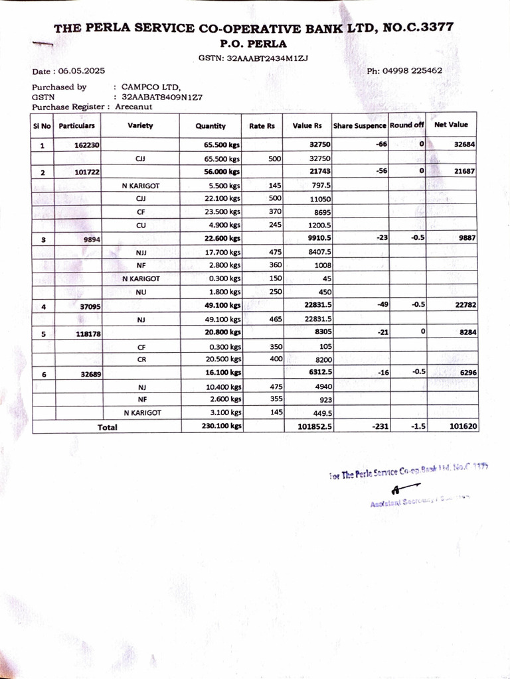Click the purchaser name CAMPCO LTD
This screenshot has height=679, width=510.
tap(151, 87)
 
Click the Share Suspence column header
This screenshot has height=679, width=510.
tap(359, 125)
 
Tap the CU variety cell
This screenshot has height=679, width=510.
tap(140, 225)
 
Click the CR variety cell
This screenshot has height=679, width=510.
tap(141, 359)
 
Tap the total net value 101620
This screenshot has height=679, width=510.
tap(463, 427)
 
